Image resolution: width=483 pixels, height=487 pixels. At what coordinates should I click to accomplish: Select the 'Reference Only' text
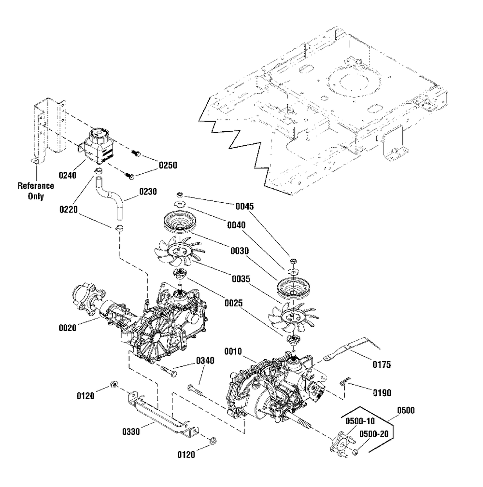[x=36, y=191]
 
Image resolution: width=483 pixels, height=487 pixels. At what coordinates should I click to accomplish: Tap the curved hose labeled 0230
[x=112, y=198]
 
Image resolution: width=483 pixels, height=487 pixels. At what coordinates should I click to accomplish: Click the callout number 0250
[x=168, y=165]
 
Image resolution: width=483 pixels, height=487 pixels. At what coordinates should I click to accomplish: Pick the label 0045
[x=245, y=206]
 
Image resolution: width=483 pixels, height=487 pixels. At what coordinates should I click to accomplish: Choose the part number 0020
[x=68, y=328]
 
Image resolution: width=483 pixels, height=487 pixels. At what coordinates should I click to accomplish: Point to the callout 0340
[x=205, y=361]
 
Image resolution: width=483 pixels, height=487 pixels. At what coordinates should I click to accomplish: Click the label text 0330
[x=131, y=431]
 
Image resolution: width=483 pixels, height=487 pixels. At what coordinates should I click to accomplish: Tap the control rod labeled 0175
[x=348, y=349]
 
